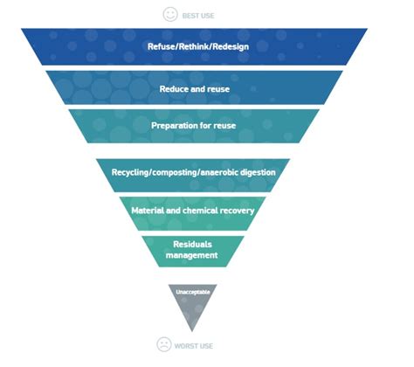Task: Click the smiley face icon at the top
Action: pyautogui.click(x=170, y=14)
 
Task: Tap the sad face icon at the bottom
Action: pyautogui.click(x=163, y=344)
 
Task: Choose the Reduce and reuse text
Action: pyautogui.click(x=193, y=88)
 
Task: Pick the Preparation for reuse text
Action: pyautogui.click(x=194, y=127)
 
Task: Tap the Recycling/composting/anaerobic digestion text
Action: pyautogui.click(x=194, y=172)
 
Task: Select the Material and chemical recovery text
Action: pyautogui.click(x=193, y=211)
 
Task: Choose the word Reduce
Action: pyautogui.click(x=173, y=88)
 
